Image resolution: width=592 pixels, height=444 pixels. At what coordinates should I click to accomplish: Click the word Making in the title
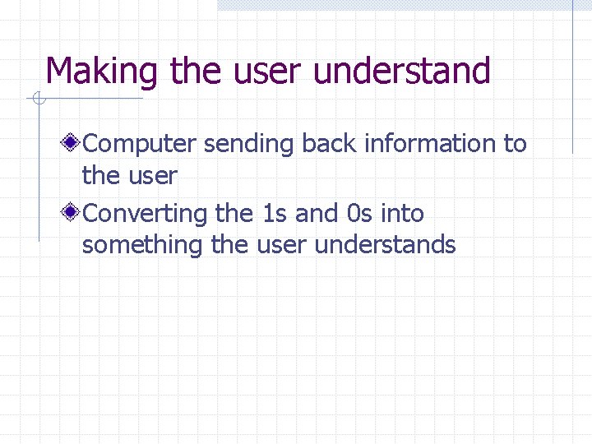coord(101,72)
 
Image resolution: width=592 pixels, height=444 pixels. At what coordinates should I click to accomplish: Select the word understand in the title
coord(402,72)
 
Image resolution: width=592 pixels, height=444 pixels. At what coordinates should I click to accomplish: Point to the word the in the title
coord(196,72)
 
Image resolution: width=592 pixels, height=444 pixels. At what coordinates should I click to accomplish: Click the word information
coord(430,144)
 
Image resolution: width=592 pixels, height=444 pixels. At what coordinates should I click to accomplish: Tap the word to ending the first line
coord(515,145)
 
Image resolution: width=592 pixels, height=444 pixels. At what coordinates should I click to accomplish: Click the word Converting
coord(146,214)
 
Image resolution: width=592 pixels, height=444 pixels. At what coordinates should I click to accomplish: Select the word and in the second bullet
coord(317,214)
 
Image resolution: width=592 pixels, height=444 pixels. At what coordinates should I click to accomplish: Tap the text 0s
coord(360,214)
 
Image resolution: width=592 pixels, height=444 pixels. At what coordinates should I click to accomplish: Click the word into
coord(402,214)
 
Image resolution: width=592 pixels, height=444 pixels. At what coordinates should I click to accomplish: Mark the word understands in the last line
coord(386,245)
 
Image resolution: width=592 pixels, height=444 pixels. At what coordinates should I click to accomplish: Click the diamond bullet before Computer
coord(73,144)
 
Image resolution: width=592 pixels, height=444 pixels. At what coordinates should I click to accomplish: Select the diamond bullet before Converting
coord(73,214)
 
